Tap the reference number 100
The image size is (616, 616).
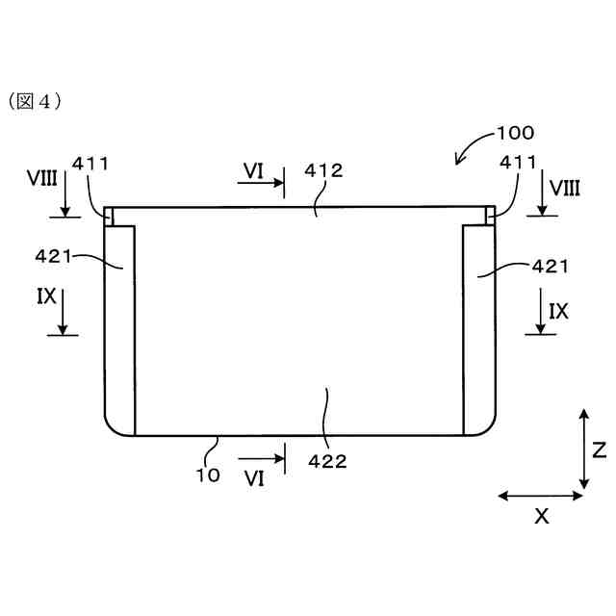(x=514, y=133)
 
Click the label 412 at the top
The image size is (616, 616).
(x=323, y=170)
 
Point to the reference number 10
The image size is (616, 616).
(x=208, y=474)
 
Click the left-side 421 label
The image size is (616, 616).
(x=55, y=256)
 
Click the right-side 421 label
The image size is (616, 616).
(x=549, y=265)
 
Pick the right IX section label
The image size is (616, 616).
(x=558, y=311)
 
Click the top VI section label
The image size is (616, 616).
(x=253, y=170)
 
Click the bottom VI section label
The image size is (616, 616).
(x=254, y=476)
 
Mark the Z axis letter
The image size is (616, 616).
(x=598, y=449)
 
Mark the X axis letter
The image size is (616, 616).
(x=542, y=517)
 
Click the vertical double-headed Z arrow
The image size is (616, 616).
(x=583, y=448)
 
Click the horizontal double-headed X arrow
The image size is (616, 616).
(x=540, y=496)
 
